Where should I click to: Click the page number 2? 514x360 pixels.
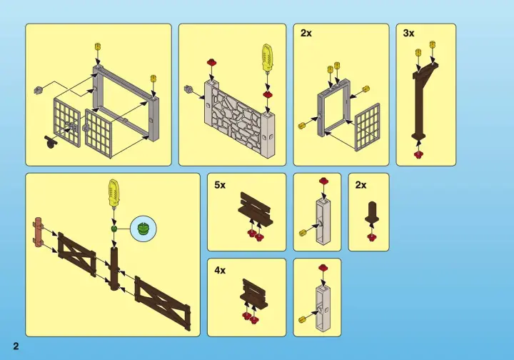(x=16, y=346)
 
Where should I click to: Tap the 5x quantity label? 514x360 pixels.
(x=220, y=185)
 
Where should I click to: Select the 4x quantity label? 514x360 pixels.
(x=220, y=270)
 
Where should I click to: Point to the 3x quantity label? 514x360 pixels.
(x=409, y=33)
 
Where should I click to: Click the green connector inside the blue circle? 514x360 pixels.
(x=143, y=228)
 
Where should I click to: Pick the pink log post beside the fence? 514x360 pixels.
(x=37, y=236)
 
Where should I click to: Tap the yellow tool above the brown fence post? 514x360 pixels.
(x=114, y=191)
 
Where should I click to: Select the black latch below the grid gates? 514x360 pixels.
(x=51, y=141)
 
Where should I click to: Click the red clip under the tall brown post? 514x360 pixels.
(x=418, y=154)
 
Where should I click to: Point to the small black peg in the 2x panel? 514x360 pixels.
(x=372, y=212)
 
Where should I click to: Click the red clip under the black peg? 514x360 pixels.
(x=371, y=237)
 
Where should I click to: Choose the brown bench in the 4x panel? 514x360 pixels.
(x=253, y=294)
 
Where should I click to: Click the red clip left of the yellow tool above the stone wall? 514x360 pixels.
(x=211, y=61)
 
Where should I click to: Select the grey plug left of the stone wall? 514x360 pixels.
(x=188, y=89)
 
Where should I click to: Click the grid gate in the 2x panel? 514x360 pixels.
(x=367, y=127)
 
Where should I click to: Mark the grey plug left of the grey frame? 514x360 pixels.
(x=39, y=89)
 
